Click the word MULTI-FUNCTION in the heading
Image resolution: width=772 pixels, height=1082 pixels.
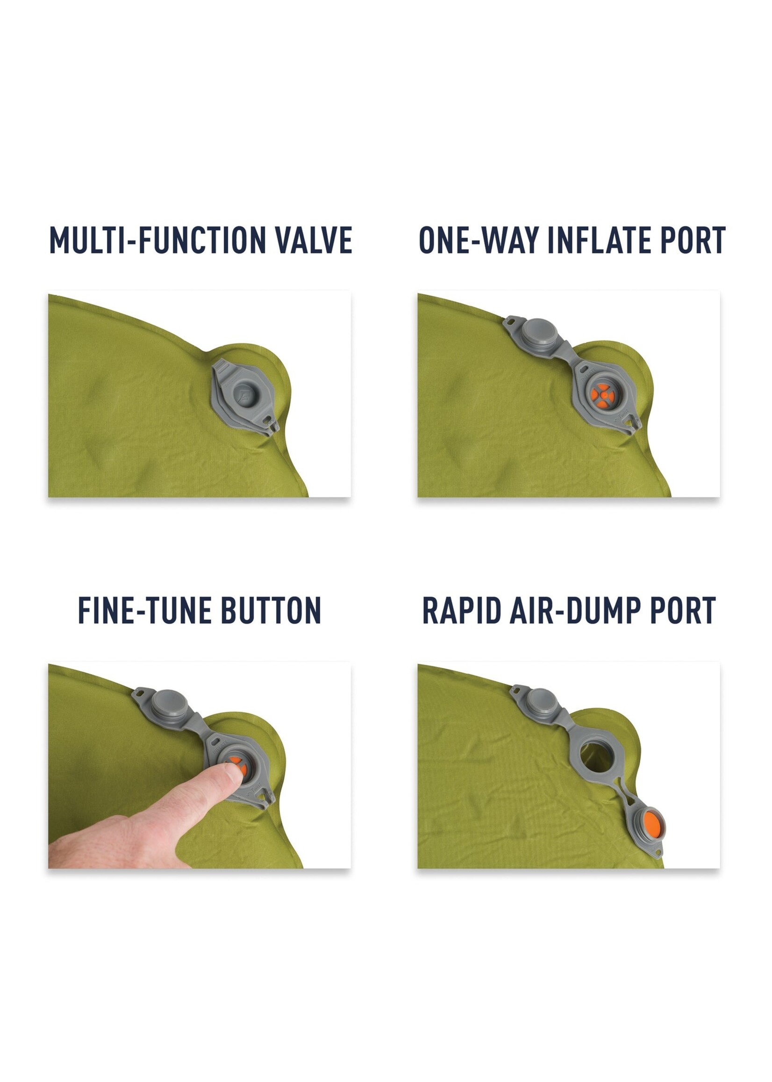pos(157,240)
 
